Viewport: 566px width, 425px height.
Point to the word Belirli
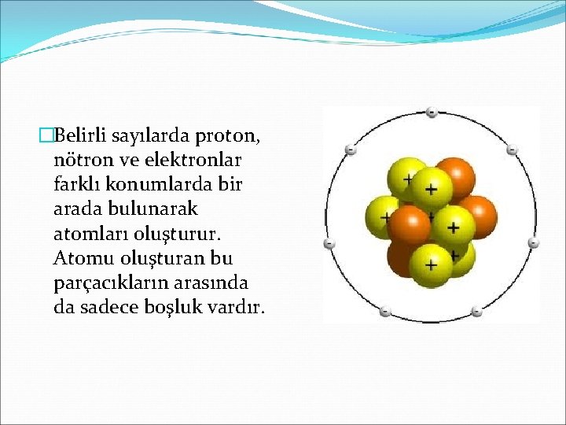coord(81,136)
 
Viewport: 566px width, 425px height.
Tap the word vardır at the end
coord(236,307)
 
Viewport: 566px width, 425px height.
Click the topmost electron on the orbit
coord(432,113)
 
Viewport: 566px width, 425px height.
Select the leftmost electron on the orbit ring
coord(329,244)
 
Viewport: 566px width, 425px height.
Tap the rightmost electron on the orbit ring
coord(533,243)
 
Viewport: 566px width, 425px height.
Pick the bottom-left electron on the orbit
coord(385,312)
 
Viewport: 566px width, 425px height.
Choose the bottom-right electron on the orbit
coord(476,312)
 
